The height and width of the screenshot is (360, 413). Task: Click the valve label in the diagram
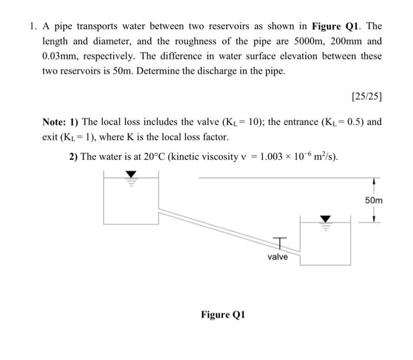pyautogui.click(x=278, y=257)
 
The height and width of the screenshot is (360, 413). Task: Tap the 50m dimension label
pyautogui.click(x=373, y=201)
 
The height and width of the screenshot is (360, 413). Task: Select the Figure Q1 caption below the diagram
pyautogui.click(x=222, y=314)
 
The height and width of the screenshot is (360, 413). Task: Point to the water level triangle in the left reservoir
pyautogui.click(x=132, y=175)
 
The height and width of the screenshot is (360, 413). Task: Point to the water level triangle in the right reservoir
pyautogui.click(x=324, y=218)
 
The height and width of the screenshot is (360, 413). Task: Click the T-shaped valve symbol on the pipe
pyautogui.click(x=280, y=242)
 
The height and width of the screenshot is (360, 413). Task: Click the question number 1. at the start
pyautogui.click(x=32, y=27)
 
